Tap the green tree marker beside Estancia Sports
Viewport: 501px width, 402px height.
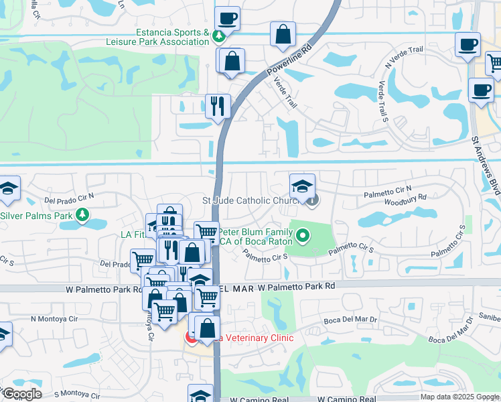(x=218, y=36)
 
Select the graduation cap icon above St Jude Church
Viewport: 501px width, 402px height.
(x=302, y=185)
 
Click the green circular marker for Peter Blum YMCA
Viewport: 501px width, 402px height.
(x=303, y=234)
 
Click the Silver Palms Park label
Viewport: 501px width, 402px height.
(x=35, y=216)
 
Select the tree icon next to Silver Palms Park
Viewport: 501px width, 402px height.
(x=82, y=215)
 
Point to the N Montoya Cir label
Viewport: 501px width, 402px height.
(x=54, y=319)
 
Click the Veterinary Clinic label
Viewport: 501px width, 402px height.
(x=253, y=338)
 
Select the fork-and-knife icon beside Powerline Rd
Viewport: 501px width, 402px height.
(x=218, y=105)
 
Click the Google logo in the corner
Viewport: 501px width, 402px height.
(x=21, y=394)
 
